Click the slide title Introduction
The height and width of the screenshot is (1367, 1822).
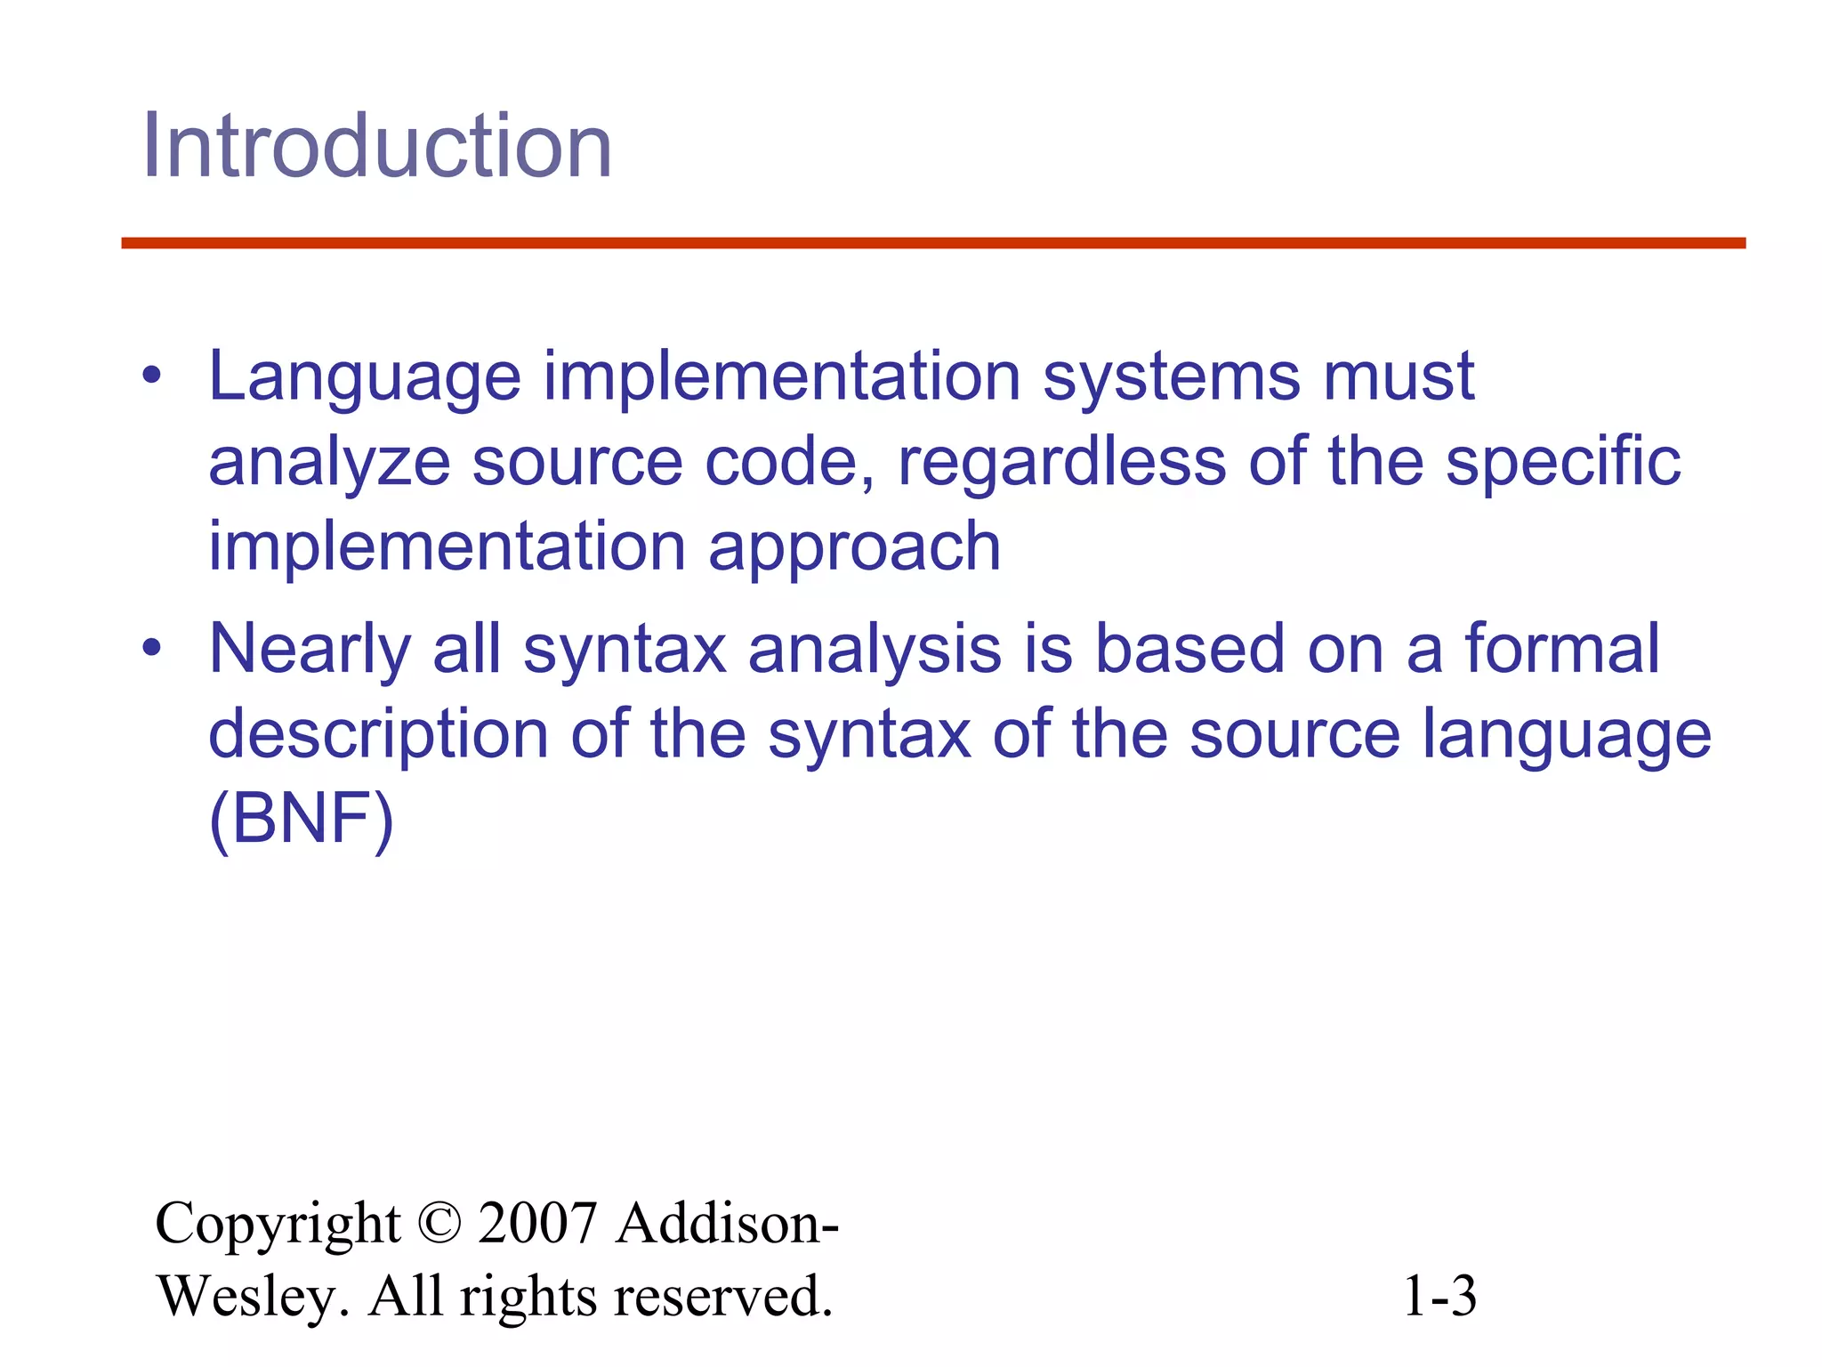pos(377,146)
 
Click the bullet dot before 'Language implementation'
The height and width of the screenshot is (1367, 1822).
pos(152,376)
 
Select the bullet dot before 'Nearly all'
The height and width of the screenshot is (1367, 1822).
pos(152,648)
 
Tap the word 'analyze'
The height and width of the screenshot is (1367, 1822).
pos(329,464)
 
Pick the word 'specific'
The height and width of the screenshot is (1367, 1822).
pos(1562,464)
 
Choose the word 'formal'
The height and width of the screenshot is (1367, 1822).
pos(1562,648)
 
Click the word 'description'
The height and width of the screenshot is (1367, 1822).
pos(378,735)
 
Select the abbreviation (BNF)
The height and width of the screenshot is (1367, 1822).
pos(301,820)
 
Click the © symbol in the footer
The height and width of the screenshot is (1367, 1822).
pos(439,1223)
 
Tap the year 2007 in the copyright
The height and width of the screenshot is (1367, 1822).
pos(537,1223)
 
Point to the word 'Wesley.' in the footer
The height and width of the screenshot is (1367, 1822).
pos(253,1296)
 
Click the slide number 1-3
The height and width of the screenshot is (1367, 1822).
pos(1439,1296)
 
